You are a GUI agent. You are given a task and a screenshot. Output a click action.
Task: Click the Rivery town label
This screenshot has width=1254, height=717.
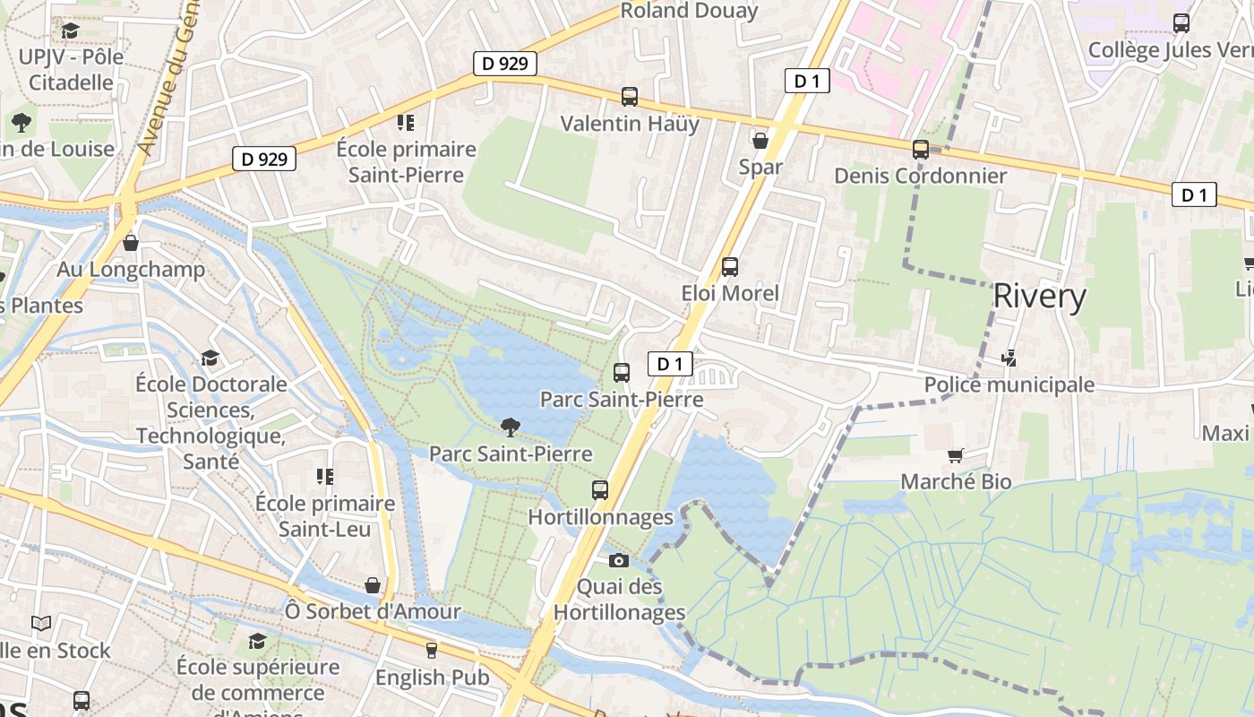(x=1040, y=296)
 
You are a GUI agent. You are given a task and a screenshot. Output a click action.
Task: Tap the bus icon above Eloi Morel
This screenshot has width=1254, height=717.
(x=730, y=266)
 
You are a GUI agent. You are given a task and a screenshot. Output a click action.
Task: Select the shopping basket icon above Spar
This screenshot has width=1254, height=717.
(x=760, y=141)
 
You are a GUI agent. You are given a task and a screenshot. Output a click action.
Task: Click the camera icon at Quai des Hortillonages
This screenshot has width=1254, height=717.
(x=618, y=561)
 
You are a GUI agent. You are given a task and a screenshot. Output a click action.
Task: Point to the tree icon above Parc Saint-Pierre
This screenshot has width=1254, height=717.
(x=511, y=427)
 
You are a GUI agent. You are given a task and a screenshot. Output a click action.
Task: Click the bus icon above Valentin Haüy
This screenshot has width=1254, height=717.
(x=630, y=96)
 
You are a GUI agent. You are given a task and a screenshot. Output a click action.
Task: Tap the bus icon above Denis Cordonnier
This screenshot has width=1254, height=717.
(x=921, y=149)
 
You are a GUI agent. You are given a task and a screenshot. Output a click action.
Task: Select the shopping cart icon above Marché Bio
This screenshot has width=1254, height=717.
(x=956, y=455)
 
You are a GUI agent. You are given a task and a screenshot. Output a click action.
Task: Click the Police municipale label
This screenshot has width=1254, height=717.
(x=1009, y=385)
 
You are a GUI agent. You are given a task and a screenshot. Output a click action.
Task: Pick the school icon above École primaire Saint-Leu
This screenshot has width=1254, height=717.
(x=324, y=476)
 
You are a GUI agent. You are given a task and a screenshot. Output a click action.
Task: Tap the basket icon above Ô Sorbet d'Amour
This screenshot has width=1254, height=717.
(x=373, y=585)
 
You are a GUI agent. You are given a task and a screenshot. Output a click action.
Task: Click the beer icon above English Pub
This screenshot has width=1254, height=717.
(x=432, y=650)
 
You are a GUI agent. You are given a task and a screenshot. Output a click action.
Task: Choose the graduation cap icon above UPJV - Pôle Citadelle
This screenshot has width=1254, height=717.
(x=70, y=31)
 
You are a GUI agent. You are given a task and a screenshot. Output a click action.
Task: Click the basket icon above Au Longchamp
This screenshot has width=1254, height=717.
(x=131, y=243)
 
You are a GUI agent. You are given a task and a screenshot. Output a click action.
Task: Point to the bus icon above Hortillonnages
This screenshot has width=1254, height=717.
(x=600, y=490)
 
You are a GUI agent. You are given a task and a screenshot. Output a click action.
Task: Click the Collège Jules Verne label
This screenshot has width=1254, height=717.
(x=1169, y=50)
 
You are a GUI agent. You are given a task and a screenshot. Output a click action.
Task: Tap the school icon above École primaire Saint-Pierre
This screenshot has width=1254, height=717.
(x=406, y=122)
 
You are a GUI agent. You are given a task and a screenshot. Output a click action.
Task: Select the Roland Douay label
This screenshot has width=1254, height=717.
(x=689, y=11)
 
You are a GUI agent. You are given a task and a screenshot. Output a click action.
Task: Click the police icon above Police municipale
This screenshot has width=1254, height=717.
(x=1009, y=358)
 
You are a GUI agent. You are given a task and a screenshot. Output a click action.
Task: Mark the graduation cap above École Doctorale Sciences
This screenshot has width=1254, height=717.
(x=210, y=358)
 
